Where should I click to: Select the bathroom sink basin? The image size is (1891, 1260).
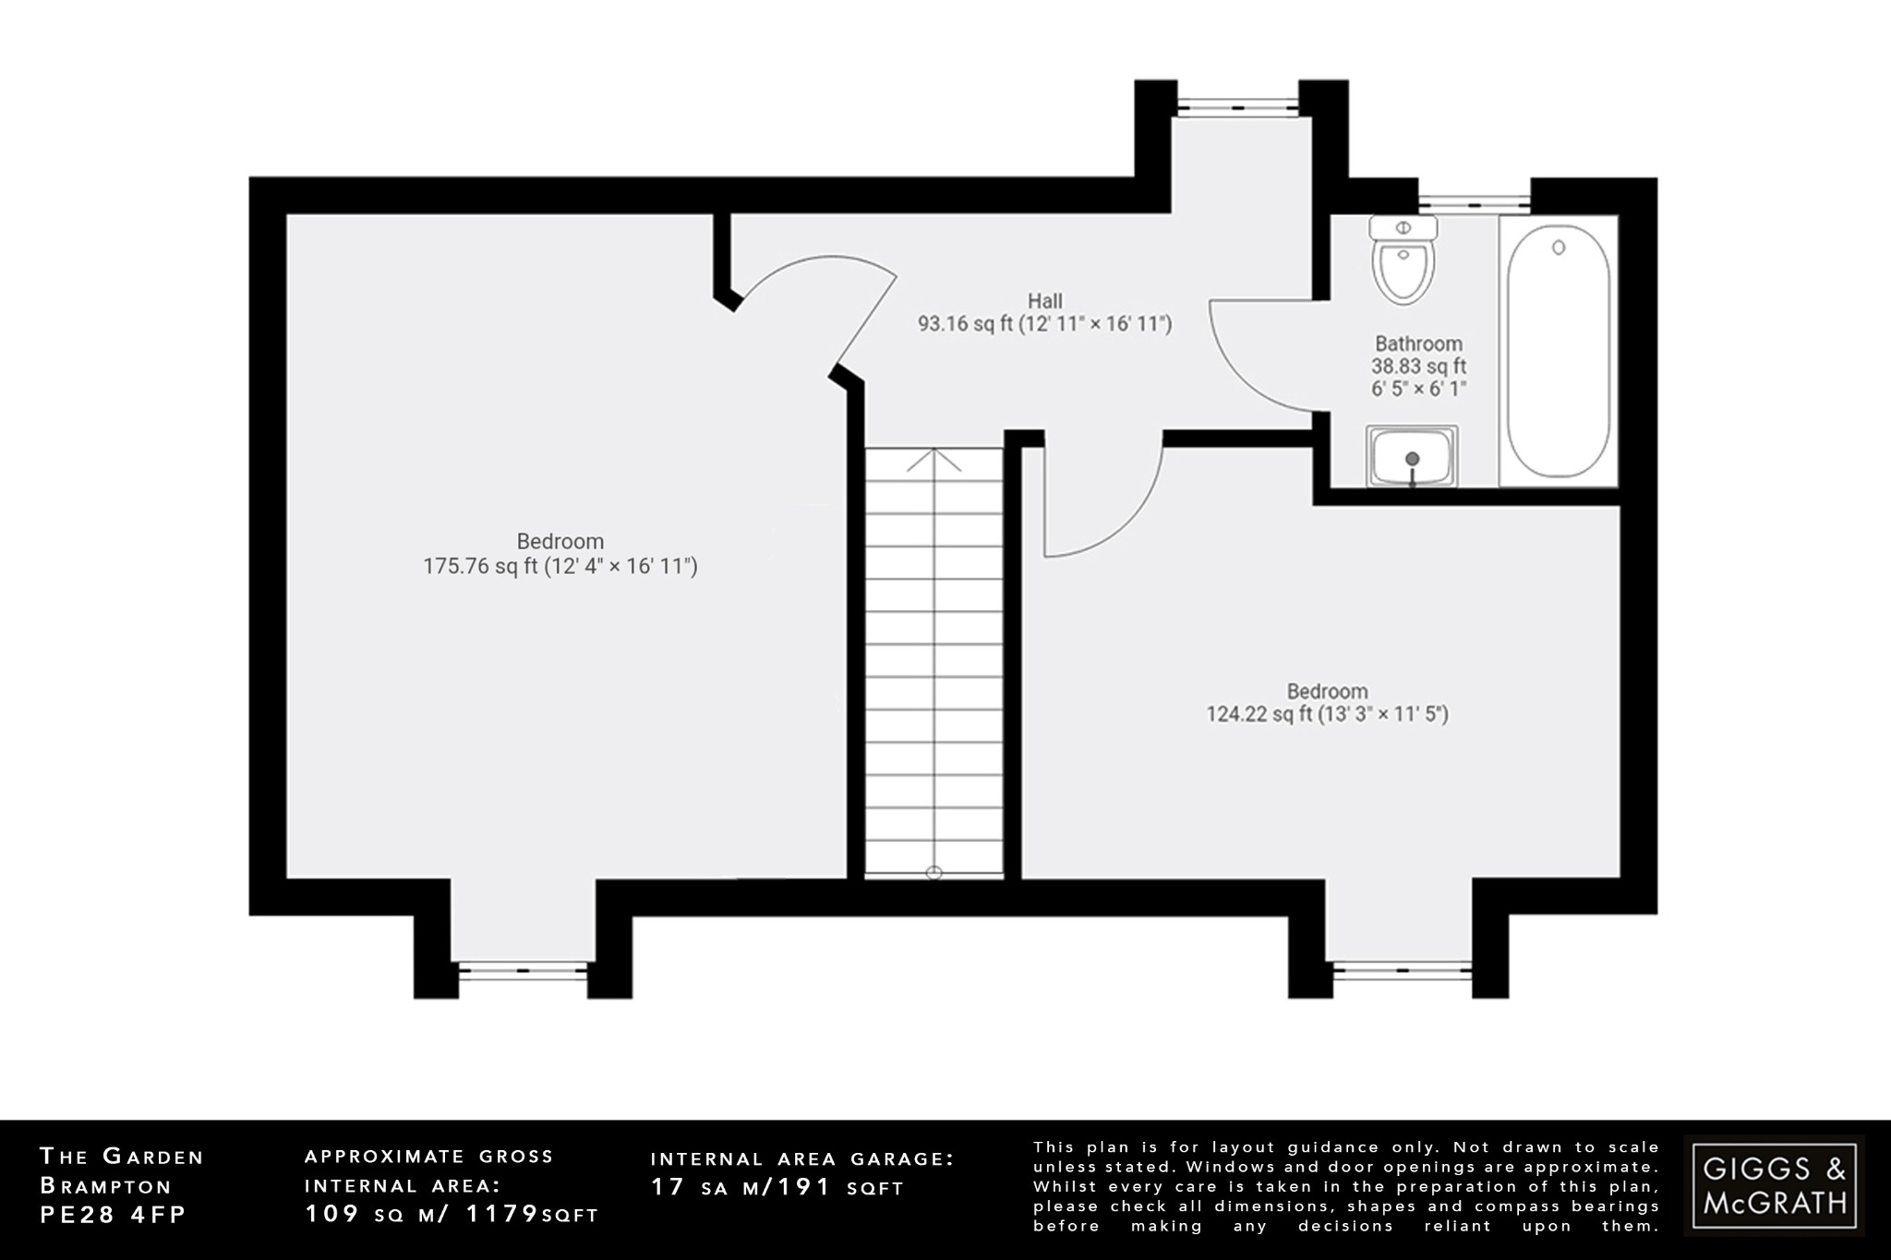[1412, 457]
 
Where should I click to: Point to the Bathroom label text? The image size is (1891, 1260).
[1418, 344]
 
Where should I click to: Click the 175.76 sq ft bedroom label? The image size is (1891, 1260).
[560, 554]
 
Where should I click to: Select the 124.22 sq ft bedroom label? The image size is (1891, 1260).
[1327, 702]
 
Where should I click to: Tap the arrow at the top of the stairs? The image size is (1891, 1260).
[933, 459]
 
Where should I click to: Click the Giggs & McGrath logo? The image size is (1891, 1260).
[1774, 1185]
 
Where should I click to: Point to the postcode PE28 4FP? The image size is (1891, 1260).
[113, 1215]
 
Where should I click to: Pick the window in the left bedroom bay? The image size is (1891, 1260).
[523, 970]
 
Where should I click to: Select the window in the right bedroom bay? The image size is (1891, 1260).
[1402, 970]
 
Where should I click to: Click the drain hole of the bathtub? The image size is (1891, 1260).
[1559, 247]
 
